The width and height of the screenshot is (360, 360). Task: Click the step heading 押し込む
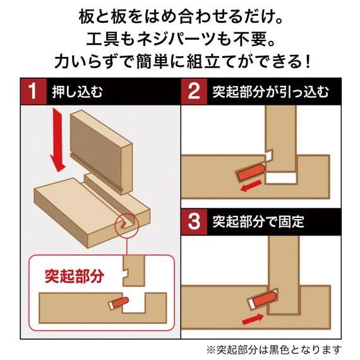76,91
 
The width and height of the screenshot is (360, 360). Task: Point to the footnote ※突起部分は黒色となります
274,349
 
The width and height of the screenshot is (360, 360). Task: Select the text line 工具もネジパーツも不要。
180,39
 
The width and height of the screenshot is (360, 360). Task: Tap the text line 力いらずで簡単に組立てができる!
180,63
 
